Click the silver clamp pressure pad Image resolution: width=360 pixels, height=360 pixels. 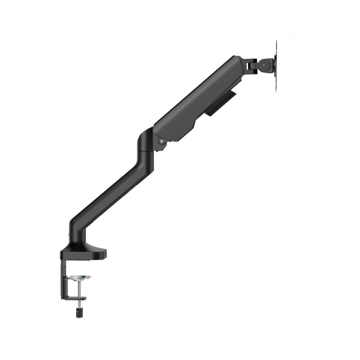79,278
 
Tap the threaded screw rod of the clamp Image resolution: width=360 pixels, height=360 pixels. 79,290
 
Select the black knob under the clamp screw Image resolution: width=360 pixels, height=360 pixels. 79,312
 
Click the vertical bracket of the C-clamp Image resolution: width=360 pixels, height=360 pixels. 63,277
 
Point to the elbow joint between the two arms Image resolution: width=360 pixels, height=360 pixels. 146,142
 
